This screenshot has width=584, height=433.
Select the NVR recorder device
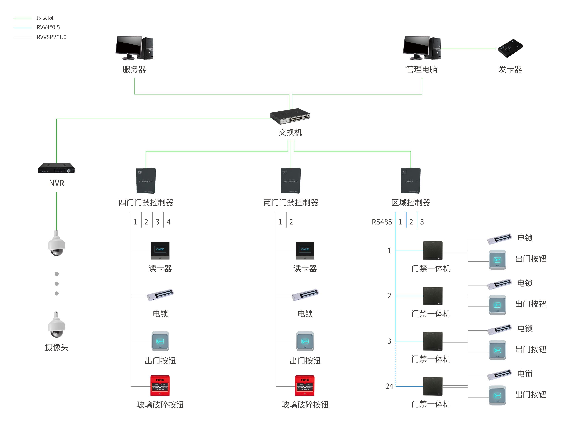point(56,168)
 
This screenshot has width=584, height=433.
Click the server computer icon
point(134,48)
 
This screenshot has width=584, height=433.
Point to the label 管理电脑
point(422,69)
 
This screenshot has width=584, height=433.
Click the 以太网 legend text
point(45,18)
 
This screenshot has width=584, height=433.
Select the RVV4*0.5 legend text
point(48,27)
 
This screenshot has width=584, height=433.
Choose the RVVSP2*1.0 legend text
point(51,37)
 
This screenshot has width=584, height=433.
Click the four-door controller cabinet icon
point(146,181)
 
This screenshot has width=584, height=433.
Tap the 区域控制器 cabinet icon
point(411,181)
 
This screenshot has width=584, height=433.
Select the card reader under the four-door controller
point(160,250)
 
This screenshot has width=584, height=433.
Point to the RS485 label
point(381,222)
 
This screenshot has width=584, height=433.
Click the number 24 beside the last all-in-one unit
point(389,386)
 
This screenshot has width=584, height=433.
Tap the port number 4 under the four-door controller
point(169,222)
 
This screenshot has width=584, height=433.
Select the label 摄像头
point(56,347)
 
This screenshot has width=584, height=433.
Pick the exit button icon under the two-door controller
point(305,341)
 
